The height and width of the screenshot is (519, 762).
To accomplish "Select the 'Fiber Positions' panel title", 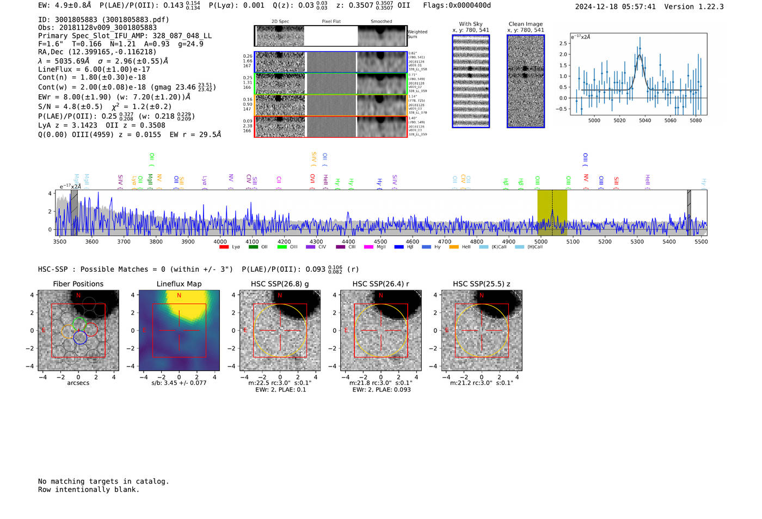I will [78, 284].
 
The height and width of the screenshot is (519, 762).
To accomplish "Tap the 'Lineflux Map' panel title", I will [179, 284].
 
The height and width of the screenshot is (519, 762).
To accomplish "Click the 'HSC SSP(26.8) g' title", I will [280, 284].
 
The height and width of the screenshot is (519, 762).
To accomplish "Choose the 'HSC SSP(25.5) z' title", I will [481, 284].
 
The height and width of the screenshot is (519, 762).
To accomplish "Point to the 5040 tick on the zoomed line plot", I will [645, 120].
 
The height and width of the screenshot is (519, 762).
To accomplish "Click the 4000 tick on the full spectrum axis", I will [220, 242].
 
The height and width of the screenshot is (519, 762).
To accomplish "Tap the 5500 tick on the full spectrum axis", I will [701, 242].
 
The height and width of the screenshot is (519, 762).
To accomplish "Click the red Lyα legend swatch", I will [224, 247].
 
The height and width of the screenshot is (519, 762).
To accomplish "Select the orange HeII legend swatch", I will [454, 247].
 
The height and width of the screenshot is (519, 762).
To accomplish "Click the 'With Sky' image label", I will [471, 24].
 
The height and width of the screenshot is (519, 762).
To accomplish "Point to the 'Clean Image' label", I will [525, 24].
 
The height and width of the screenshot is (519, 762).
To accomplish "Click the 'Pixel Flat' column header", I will [331, 22].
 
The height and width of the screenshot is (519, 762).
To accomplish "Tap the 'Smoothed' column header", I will [381, 22].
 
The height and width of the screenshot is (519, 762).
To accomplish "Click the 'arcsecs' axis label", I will [78, 383].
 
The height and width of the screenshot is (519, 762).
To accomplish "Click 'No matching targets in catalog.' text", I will [103, 481].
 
